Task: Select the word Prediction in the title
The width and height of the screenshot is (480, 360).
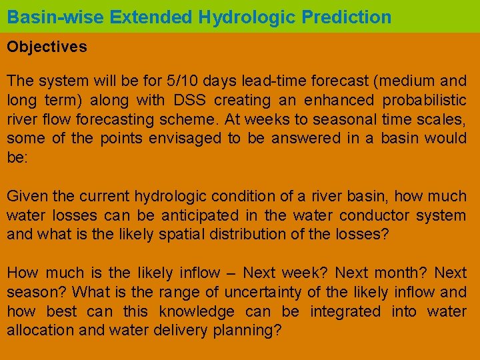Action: tap(348, 17)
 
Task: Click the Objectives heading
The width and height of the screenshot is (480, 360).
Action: tap(47, 47)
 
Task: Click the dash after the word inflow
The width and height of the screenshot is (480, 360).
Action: tap(231, 273)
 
